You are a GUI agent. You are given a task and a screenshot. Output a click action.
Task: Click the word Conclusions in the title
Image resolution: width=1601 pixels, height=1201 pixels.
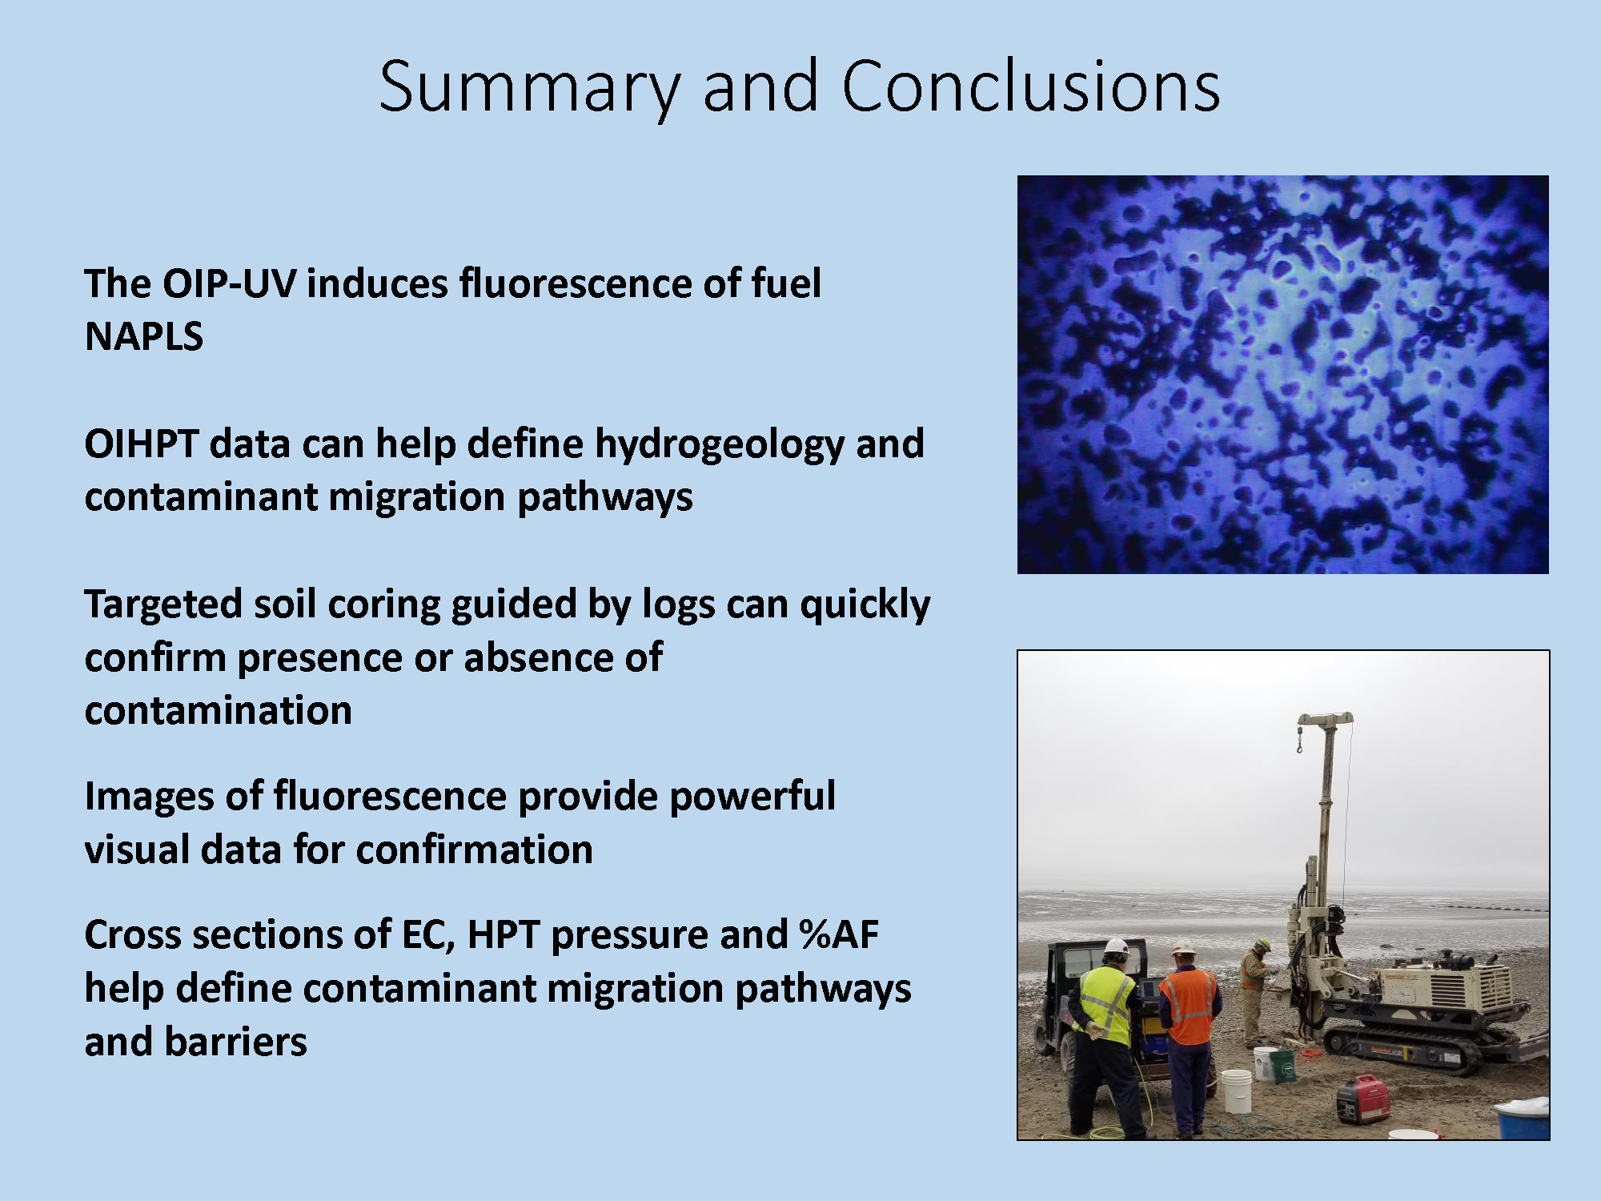[x=1031, y=86]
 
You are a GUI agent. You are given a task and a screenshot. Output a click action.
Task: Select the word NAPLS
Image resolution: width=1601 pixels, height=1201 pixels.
[x=144, y=336]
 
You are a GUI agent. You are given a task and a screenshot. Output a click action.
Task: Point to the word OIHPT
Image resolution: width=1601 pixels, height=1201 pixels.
[x=141, y=444]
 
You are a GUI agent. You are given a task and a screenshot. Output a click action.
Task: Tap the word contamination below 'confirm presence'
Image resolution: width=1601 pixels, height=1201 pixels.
[x=219, y=710]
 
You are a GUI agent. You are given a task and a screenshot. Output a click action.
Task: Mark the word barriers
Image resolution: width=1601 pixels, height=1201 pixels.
[x=235, y=1042]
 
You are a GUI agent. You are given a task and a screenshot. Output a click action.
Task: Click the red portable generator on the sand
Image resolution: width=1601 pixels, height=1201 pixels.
[x=1362, y=1099]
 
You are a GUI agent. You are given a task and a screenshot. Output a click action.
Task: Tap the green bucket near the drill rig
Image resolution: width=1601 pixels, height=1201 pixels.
[x=1282, y=1066]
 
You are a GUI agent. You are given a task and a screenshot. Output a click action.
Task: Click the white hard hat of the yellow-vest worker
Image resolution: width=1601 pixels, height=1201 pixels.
[x=1116, y=947]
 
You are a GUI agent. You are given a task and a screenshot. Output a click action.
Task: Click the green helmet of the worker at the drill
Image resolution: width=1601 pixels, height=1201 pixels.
[x=1263, y=944]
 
